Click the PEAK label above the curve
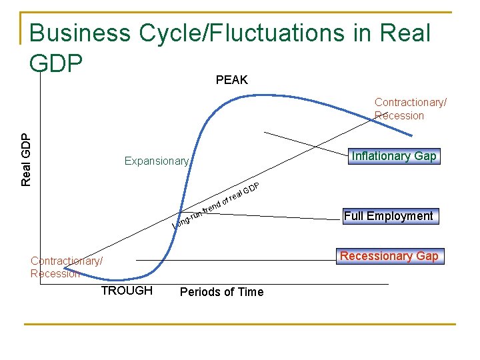point(231,80)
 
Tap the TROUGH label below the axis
point(127,291)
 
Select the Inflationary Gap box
point(393,156)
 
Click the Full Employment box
point(388,216)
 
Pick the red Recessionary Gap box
point(389,256)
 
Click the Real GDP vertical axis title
point(25,159)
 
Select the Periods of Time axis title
point(221,292)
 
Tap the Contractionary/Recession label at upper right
point(410,109)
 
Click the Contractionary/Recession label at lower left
point(66,267)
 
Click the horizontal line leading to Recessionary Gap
point(233,259)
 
